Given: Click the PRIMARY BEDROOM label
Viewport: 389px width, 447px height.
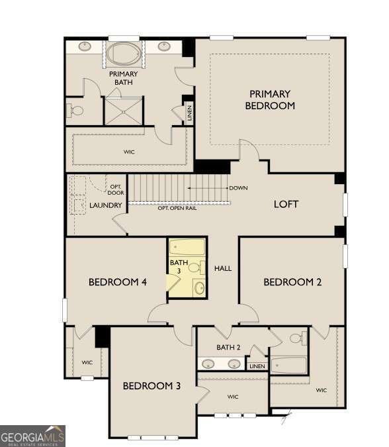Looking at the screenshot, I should click(x=270, y=100).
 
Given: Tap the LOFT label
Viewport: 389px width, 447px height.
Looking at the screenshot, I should click(x=286, y=204).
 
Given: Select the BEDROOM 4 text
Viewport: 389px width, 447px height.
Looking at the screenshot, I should click(x=117, y=283).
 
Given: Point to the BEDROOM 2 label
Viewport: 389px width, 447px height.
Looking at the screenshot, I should click(x=292, y=283).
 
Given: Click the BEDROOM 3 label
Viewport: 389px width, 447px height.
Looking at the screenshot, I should click(x=151, y=385).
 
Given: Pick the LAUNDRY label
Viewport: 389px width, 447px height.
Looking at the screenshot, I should click(x=106, y=205).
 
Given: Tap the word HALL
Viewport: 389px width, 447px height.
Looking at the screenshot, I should click(x=223, y=268).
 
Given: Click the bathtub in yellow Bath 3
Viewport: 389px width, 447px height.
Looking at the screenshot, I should click(x=187, y=249).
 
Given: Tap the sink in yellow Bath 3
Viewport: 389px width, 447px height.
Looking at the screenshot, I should click(x=198, y=287).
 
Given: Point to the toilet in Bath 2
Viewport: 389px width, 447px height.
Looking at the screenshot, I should click(x=297, y=339).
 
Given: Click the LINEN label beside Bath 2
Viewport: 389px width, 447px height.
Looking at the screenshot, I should click(x=257, y=366).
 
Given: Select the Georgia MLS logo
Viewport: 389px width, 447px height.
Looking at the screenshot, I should click(x=32, y=436).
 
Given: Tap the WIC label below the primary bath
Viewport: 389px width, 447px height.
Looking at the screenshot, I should click(x=129, y=152).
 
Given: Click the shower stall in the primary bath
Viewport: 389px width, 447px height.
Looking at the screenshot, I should click(x=124, y=111).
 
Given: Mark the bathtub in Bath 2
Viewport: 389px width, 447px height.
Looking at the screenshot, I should click(x=289, y=366).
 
